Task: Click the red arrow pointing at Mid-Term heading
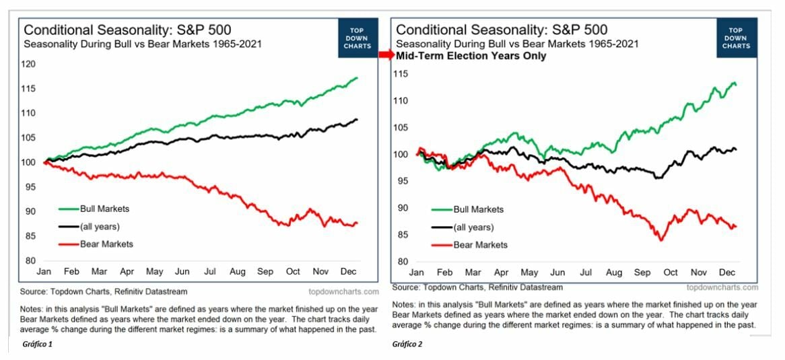click(386, 56)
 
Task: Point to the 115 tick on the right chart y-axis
click(403, 73)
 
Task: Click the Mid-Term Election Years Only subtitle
click(471, 56)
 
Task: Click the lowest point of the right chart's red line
click(661, 240)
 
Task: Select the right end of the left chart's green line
click(357, 78)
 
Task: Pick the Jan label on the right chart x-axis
click(416, 273)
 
